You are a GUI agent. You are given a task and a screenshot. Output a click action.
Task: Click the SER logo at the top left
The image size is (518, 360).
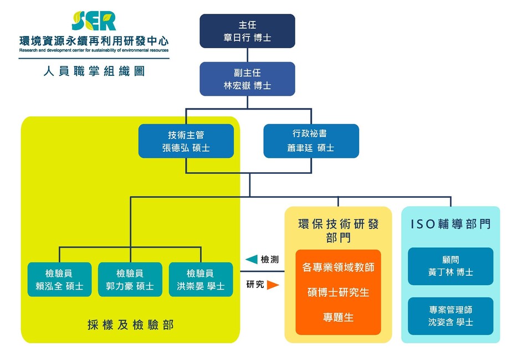(x=94, y=21)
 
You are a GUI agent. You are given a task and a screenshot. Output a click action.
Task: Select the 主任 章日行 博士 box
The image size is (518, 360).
(x=248, y=31)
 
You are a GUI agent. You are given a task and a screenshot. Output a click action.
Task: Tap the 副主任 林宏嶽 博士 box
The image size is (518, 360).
(x=248, y=79)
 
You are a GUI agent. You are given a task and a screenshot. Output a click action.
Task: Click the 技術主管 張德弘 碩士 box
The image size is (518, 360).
(x=186, y=141)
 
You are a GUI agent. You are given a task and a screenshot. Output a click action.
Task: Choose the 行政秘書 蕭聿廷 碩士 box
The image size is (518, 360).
(x=311, y=141)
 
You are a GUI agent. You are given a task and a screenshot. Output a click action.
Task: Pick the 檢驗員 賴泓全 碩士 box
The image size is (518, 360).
(x=59, y=279)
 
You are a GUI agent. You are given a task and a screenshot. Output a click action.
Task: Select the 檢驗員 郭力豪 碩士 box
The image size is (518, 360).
(x=130, y=279)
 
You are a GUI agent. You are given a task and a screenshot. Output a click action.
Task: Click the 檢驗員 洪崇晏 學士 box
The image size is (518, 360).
(x=201, y=279)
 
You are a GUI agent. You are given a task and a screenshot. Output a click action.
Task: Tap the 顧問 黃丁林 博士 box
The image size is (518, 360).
(x=450, y=266)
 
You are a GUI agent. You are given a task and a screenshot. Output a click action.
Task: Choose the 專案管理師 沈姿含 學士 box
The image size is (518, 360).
(x=450, y=316)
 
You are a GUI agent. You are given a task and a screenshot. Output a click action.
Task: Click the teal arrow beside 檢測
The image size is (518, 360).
(x=252, y=259)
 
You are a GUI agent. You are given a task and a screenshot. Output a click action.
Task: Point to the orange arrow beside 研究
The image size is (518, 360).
(x=273, y=285)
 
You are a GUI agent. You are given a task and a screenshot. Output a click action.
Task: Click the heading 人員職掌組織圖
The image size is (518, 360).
(x=94, y=71)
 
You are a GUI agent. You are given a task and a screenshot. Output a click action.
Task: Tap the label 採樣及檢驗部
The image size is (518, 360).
(x=131, y=325)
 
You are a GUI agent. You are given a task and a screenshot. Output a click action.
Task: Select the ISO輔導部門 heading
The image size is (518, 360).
(x=450, y=224)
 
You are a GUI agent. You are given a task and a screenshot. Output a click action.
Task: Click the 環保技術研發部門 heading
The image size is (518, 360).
(x=339, y=231)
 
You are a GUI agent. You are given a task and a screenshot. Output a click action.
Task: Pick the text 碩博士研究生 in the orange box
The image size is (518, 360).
(x=339, y=292)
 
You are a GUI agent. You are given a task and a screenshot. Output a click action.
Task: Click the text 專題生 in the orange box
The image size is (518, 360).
(x=339, y=317)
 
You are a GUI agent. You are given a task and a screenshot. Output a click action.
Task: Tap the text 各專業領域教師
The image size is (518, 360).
(x=339, y=267)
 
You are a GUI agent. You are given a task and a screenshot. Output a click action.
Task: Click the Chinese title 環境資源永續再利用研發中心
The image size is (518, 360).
(x=94, y=41)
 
